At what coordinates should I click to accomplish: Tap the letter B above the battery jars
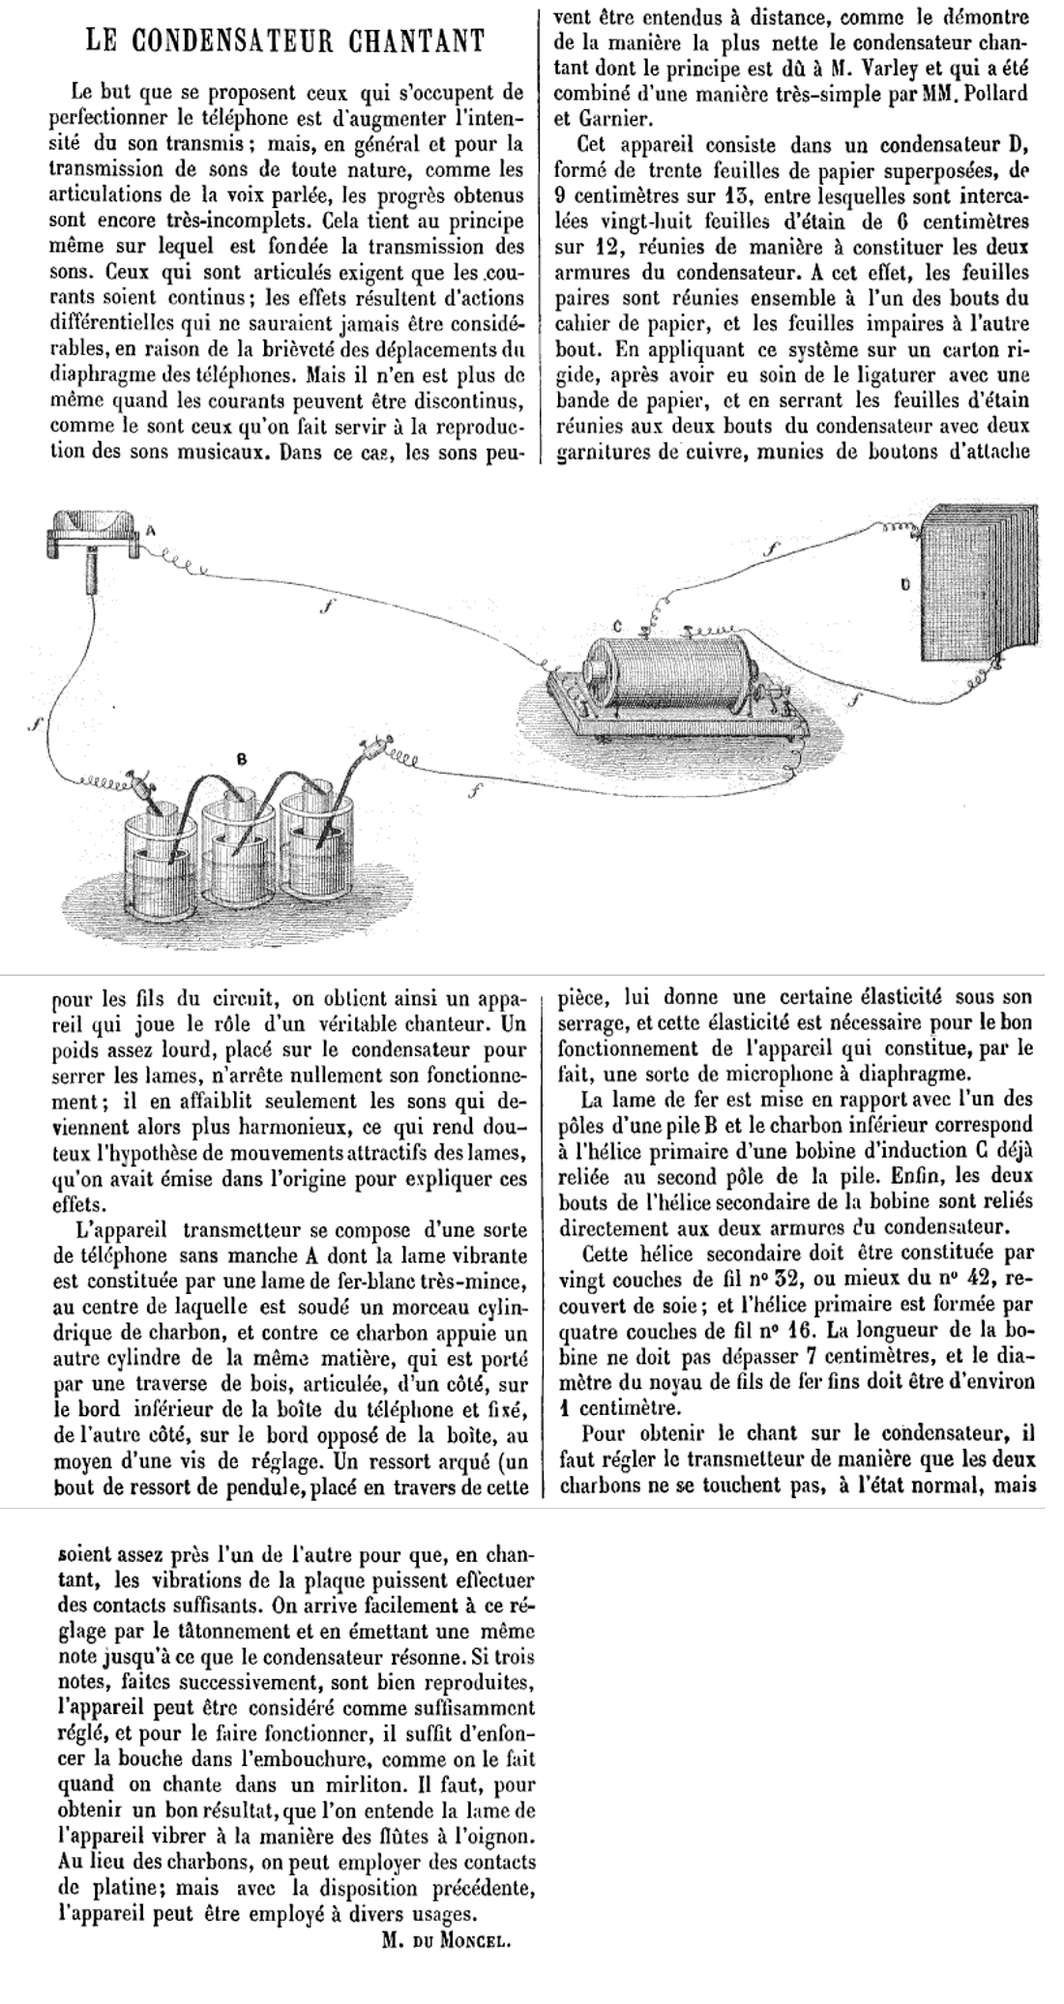pyautogui.click(x=242, y=760)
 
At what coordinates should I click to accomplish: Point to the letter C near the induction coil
pyautogui.click(x=617, y=628)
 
